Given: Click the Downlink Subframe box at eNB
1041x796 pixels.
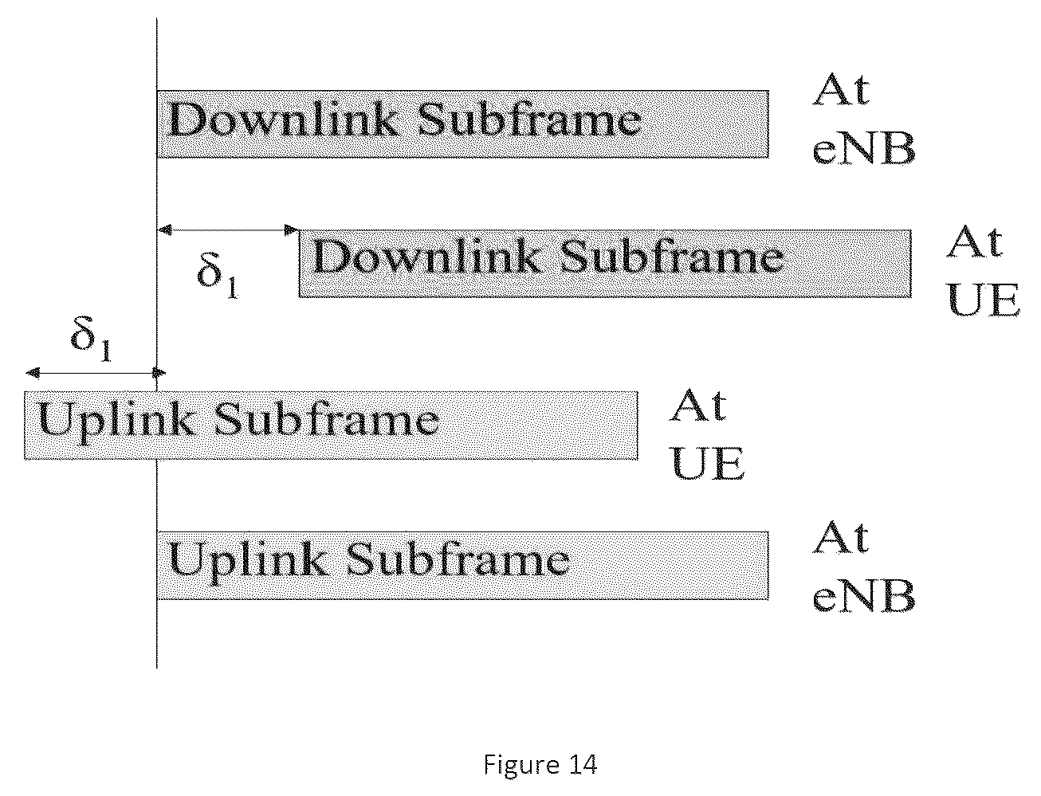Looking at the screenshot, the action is pos(463,124).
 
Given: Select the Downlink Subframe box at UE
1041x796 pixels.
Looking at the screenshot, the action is pos(605,264).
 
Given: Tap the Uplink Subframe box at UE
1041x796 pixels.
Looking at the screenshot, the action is pos(331,425).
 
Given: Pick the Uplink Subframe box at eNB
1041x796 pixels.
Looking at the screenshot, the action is pos(463,565).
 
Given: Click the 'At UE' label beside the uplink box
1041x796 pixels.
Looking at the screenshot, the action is pos(707,433).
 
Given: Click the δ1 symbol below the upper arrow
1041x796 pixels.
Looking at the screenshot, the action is pos(218,275).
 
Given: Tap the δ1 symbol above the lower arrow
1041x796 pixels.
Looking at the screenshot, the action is pos(91,339).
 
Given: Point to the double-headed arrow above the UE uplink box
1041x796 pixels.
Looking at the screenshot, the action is pos(96,373).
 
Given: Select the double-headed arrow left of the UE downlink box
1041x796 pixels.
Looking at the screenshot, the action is pos(228,230).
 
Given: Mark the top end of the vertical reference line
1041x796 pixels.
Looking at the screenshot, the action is pos(157,18).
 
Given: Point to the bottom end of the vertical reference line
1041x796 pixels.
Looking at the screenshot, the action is pos(157,669).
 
